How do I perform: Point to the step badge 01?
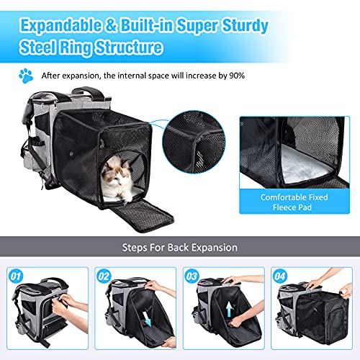pyautogui.click(x=15, y=275)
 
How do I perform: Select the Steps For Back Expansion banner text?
pyautogui.click(x=179, y=247)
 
